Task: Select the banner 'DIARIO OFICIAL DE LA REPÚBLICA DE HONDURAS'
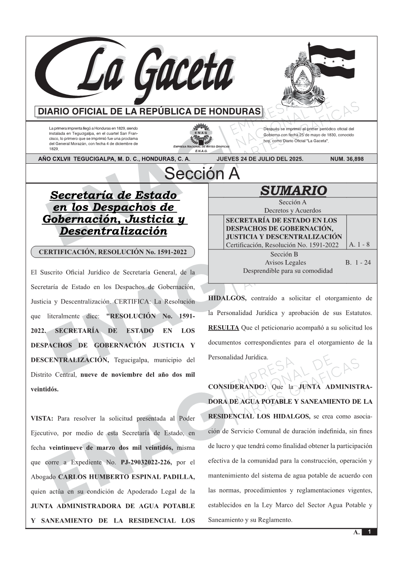[149, 112]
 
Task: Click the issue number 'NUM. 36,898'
[347, 159]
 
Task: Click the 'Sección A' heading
[202, 174]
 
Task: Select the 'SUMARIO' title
[293, 191]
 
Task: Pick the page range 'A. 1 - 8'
[359, 245]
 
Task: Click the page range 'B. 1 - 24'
[358, 263]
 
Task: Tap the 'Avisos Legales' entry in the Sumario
[285, 263]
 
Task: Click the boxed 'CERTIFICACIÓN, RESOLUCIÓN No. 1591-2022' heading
[113, 252]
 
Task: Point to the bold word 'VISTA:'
[42, 419]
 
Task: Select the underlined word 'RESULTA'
[223, 328]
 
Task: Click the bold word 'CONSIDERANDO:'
[237, 387]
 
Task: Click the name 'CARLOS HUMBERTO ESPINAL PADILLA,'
[126, 477]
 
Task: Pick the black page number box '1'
[369, 532]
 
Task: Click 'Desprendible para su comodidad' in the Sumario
[287, 271]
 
